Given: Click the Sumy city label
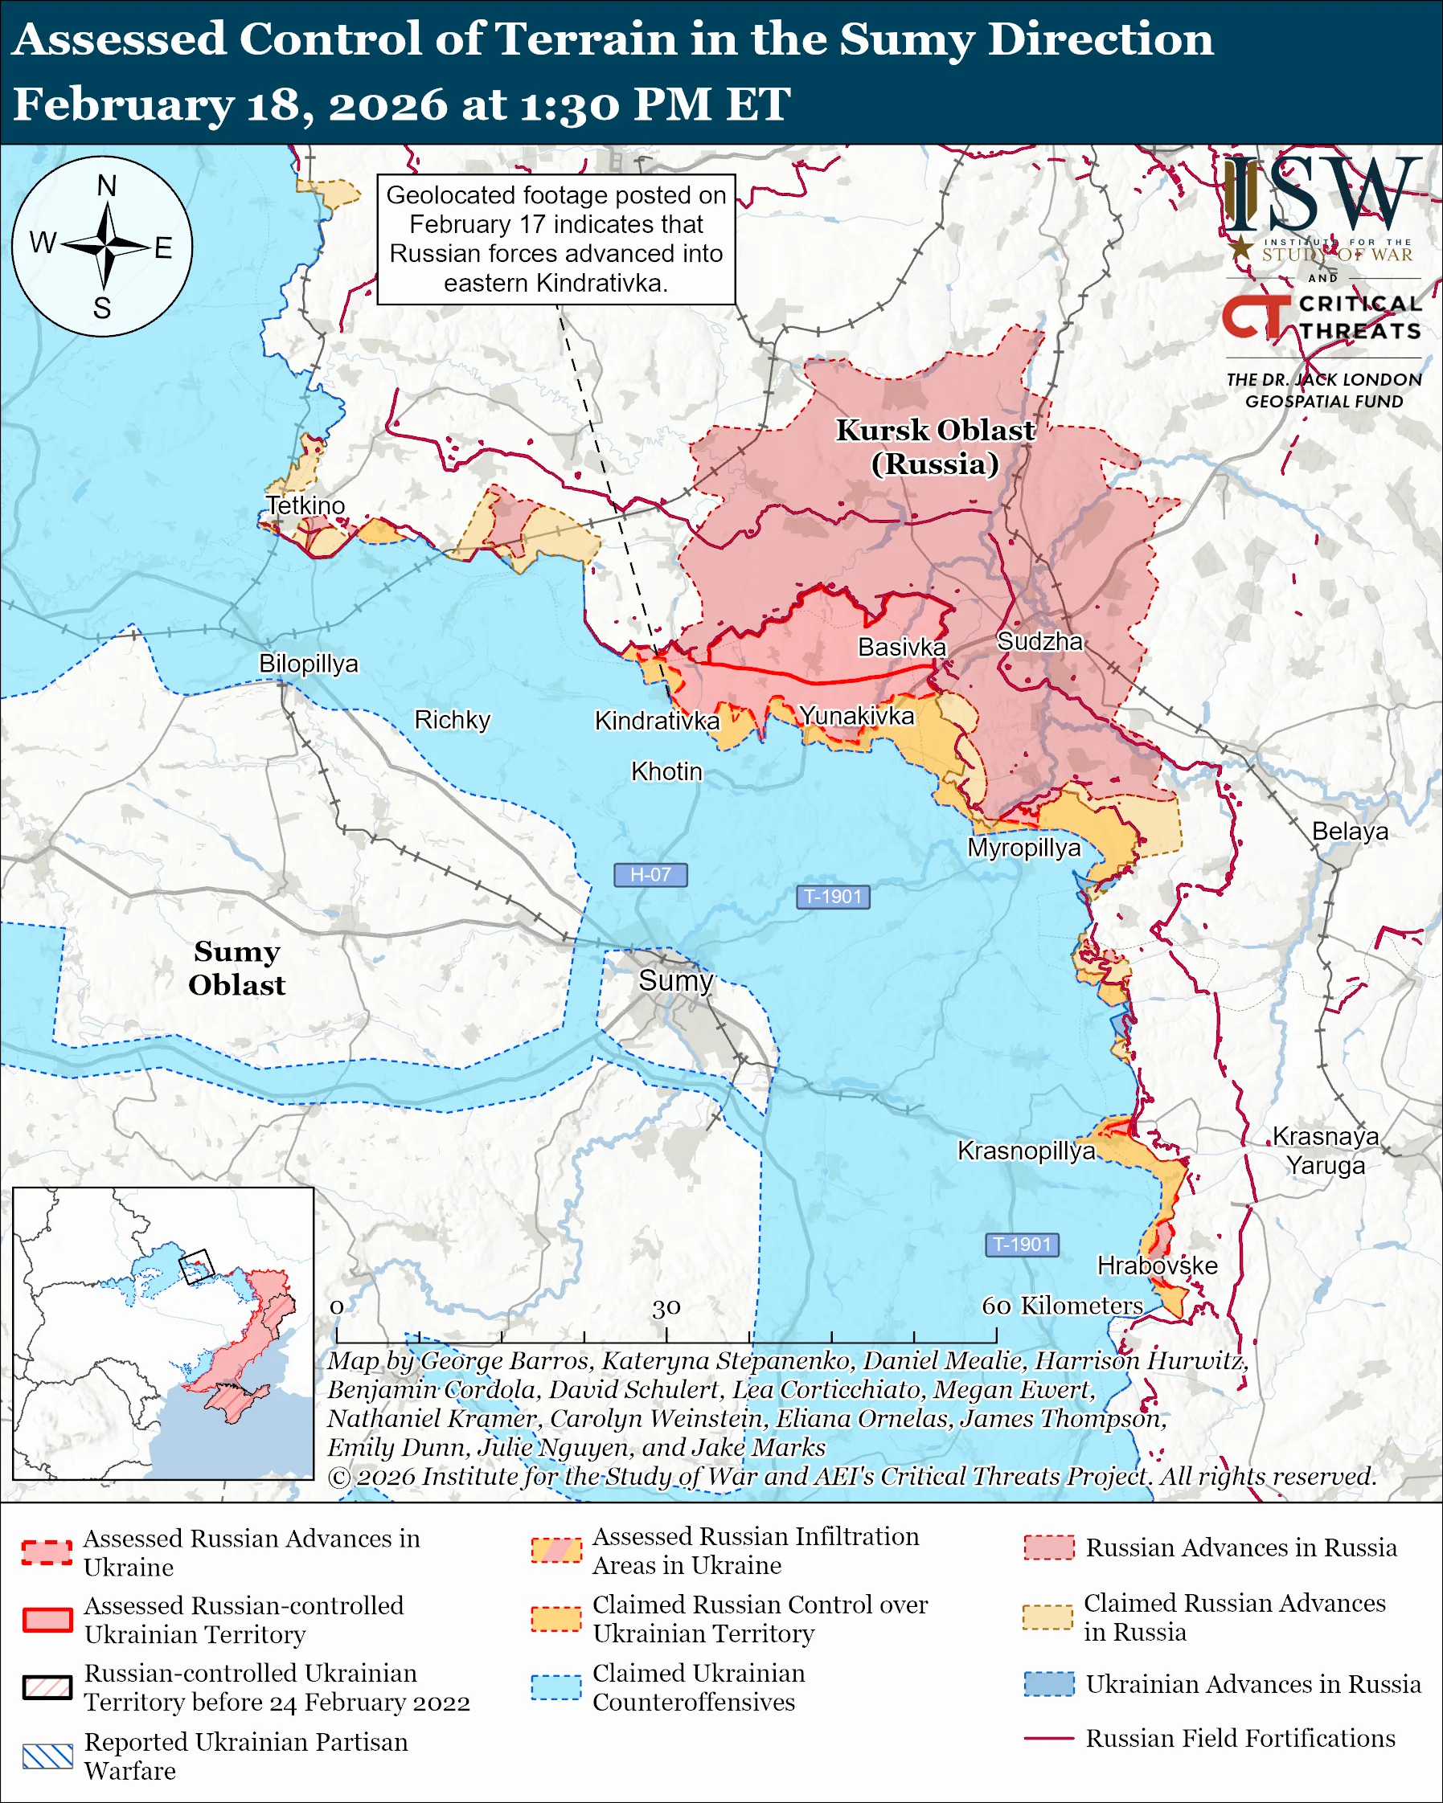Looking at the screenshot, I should coord(676,980).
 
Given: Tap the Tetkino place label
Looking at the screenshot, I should coord(305,505).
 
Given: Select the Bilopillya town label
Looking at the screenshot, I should coord(308,663).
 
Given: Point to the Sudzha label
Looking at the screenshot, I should coord(1039,641).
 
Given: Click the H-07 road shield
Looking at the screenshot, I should coord(650,875).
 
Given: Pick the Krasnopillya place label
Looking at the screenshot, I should coord(1026,1151).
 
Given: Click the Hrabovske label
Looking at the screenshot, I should coord(1157,1265).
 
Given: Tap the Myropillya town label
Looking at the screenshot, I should coord(1024,848).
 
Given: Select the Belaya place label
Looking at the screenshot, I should coord(1349,832).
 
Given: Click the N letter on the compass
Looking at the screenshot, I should coord(106,186).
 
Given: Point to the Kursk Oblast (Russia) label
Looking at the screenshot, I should coord(935,447).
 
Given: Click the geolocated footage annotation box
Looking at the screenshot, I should coord(555,239).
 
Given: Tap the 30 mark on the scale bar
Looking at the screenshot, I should coord(666,1307).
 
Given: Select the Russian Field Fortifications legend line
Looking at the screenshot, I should coord(1048,1739).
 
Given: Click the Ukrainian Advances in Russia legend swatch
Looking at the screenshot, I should coord(1048,1684).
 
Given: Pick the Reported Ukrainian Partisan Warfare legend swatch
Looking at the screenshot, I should coord(47,1756).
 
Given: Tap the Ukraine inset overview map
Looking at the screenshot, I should coord(163,1333).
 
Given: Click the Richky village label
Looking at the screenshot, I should coord(452,720).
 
